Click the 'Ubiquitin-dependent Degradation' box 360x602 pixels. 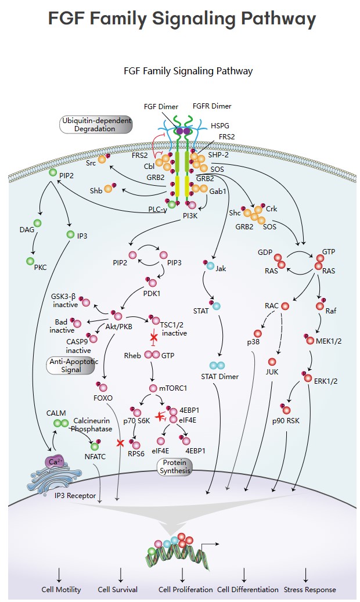pos(95,125)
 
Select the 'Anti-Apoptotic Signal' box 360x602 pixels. pos(71,365)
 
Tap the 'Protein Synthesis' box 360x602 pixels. pos(175,467)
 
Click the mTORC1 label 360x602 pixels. pos(175,388)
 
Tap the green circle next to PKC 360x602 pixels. pos(30,262)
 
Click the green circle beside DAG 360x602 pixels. pos(38,224)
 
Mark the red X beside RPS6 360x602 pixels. pos(120,443)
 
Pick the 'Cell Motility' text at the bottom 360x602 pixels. pos(61,589)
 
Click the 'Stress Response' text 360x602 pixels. pos(309,589)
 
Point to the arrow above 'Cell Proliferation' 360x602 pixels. pos(183,574)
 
